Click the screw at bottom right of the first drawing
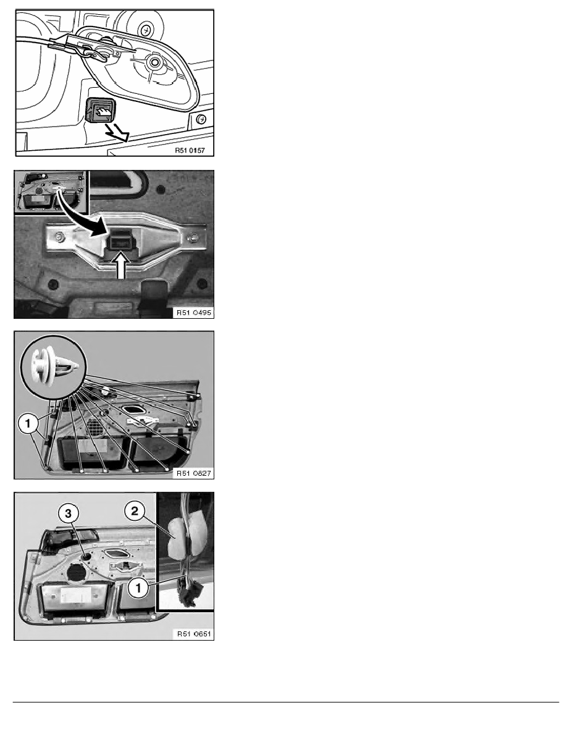click(x=201, y=118)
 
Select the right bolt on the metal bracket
click(x=195, y=236)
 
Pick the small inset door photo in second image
click(x=52, y=193)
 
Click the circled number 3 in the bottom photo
click(x=67, y=513)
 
